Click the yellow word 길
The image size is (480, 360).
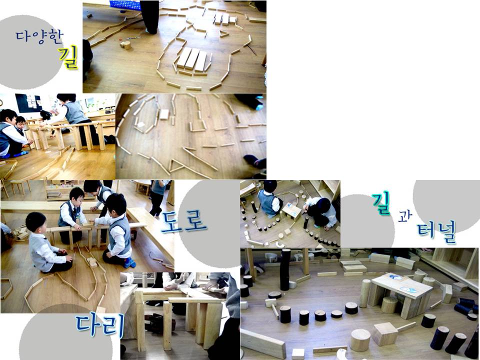click(x=68, y=57)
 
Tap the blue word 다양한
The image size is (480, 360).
click(x=39, y=36)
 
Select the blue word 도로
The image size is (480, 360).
click(x=183, y=221)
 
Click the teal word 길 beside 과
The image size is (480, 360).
click(x=381, y=204)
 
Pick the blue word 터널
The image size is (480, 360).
click(x=436, y=231)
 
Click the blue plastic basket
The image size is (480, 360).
click(x=125, y=5)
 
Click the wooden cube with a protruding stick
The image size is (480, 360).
click(x=385, y=333)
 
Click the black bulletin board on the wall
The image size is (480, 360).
click(x=28, y=103)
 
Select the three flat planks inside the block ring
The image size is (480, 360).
click(x=192, y=59)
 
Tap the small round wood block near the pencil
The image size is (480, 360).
click(x=125, y=45)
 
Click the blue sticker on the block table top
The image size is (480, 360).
click(x=396, y=278)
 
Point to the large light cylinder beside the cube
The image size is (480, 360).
click(x=360, y=340)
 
